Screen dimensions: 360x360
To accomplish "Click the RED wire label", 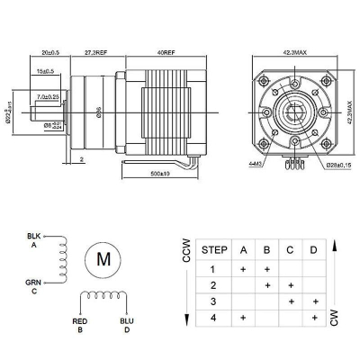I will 78,321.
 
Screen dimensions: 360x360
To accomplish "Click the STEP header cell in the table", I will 213,249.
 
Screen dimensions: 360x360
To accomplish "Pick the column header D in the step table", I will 313,249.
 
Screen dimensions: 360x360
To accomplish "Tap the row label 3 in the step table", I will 213,301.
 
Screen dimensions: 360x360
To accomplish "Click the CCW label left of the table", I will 185,255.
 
